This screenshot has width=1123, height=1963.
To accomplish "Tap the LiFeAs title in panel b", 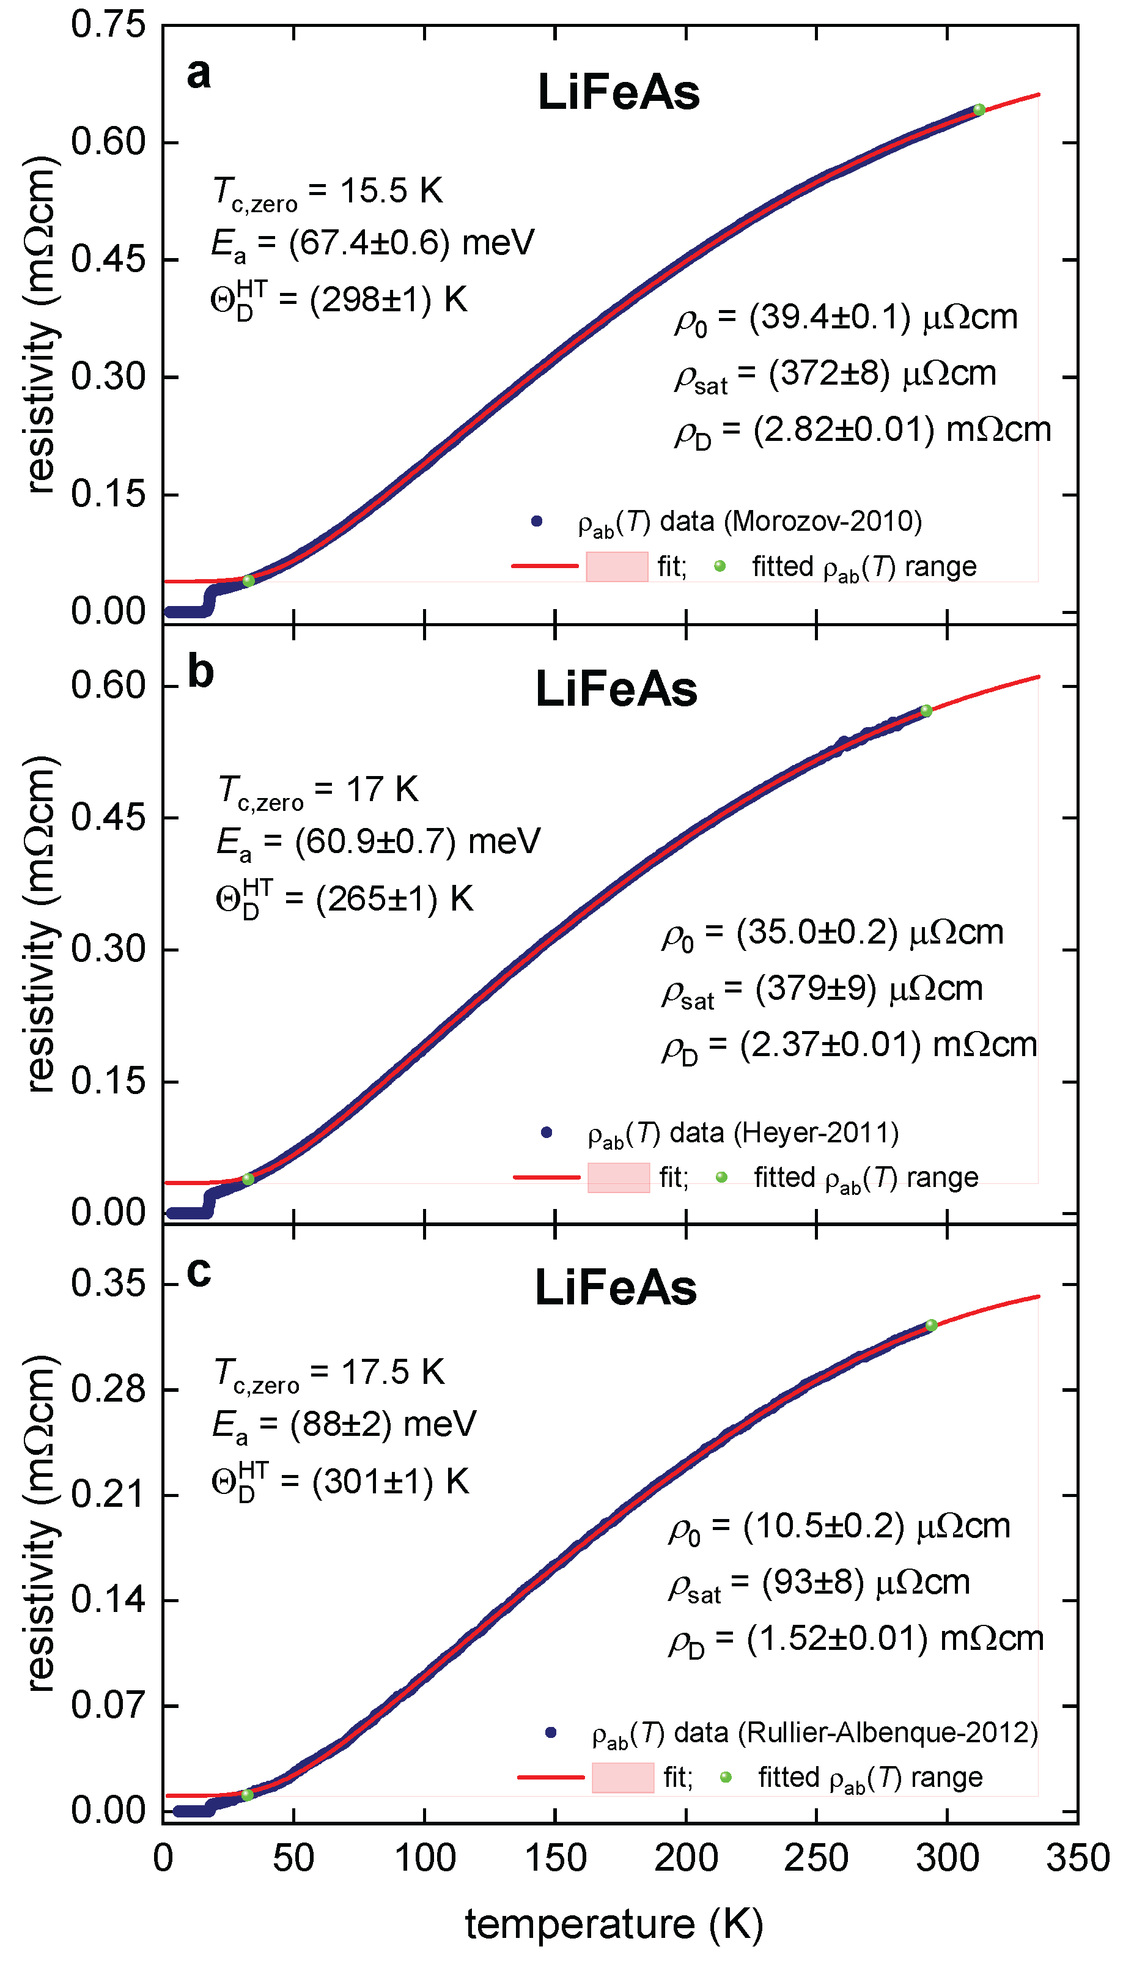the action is [616, 689].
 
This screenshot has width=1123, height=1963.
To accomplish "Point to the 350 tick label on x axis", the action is [1078, 1857].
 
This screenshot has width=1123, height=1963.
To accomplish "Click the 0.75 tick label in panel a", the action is [108, 24].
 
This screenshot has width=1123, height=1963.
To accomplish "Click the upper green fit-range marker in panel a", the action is [979, 109].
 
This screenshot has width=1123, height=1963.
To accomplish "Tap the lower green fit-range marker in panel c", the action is [248, 1795].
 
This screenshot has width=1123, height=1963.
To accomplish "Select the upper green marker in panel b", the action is [926, 711].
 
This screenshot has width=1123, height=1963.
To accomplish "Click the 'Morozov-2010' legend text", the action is [823, 522].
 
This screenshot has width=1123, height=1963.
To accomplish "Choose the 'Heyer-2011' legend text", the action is [816, 1133].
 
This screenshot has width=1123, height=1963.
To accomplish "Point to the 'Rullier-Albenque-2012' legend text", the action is [888, 1732].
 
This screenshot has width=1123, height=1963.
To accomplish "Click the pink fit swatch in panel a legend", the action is [617, 567].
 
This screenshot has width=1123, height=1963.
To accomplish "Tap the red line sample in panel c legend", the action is [551, 1777].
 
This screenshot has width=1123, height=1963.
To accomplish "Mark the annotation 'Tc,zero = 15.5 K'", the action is [328, 191].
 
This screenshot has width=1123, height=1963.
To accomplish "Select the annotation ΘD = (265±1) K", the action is [344, 898].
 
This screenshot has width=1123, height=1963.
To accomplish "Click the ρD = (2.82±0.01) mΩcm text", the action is [863, 431].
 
